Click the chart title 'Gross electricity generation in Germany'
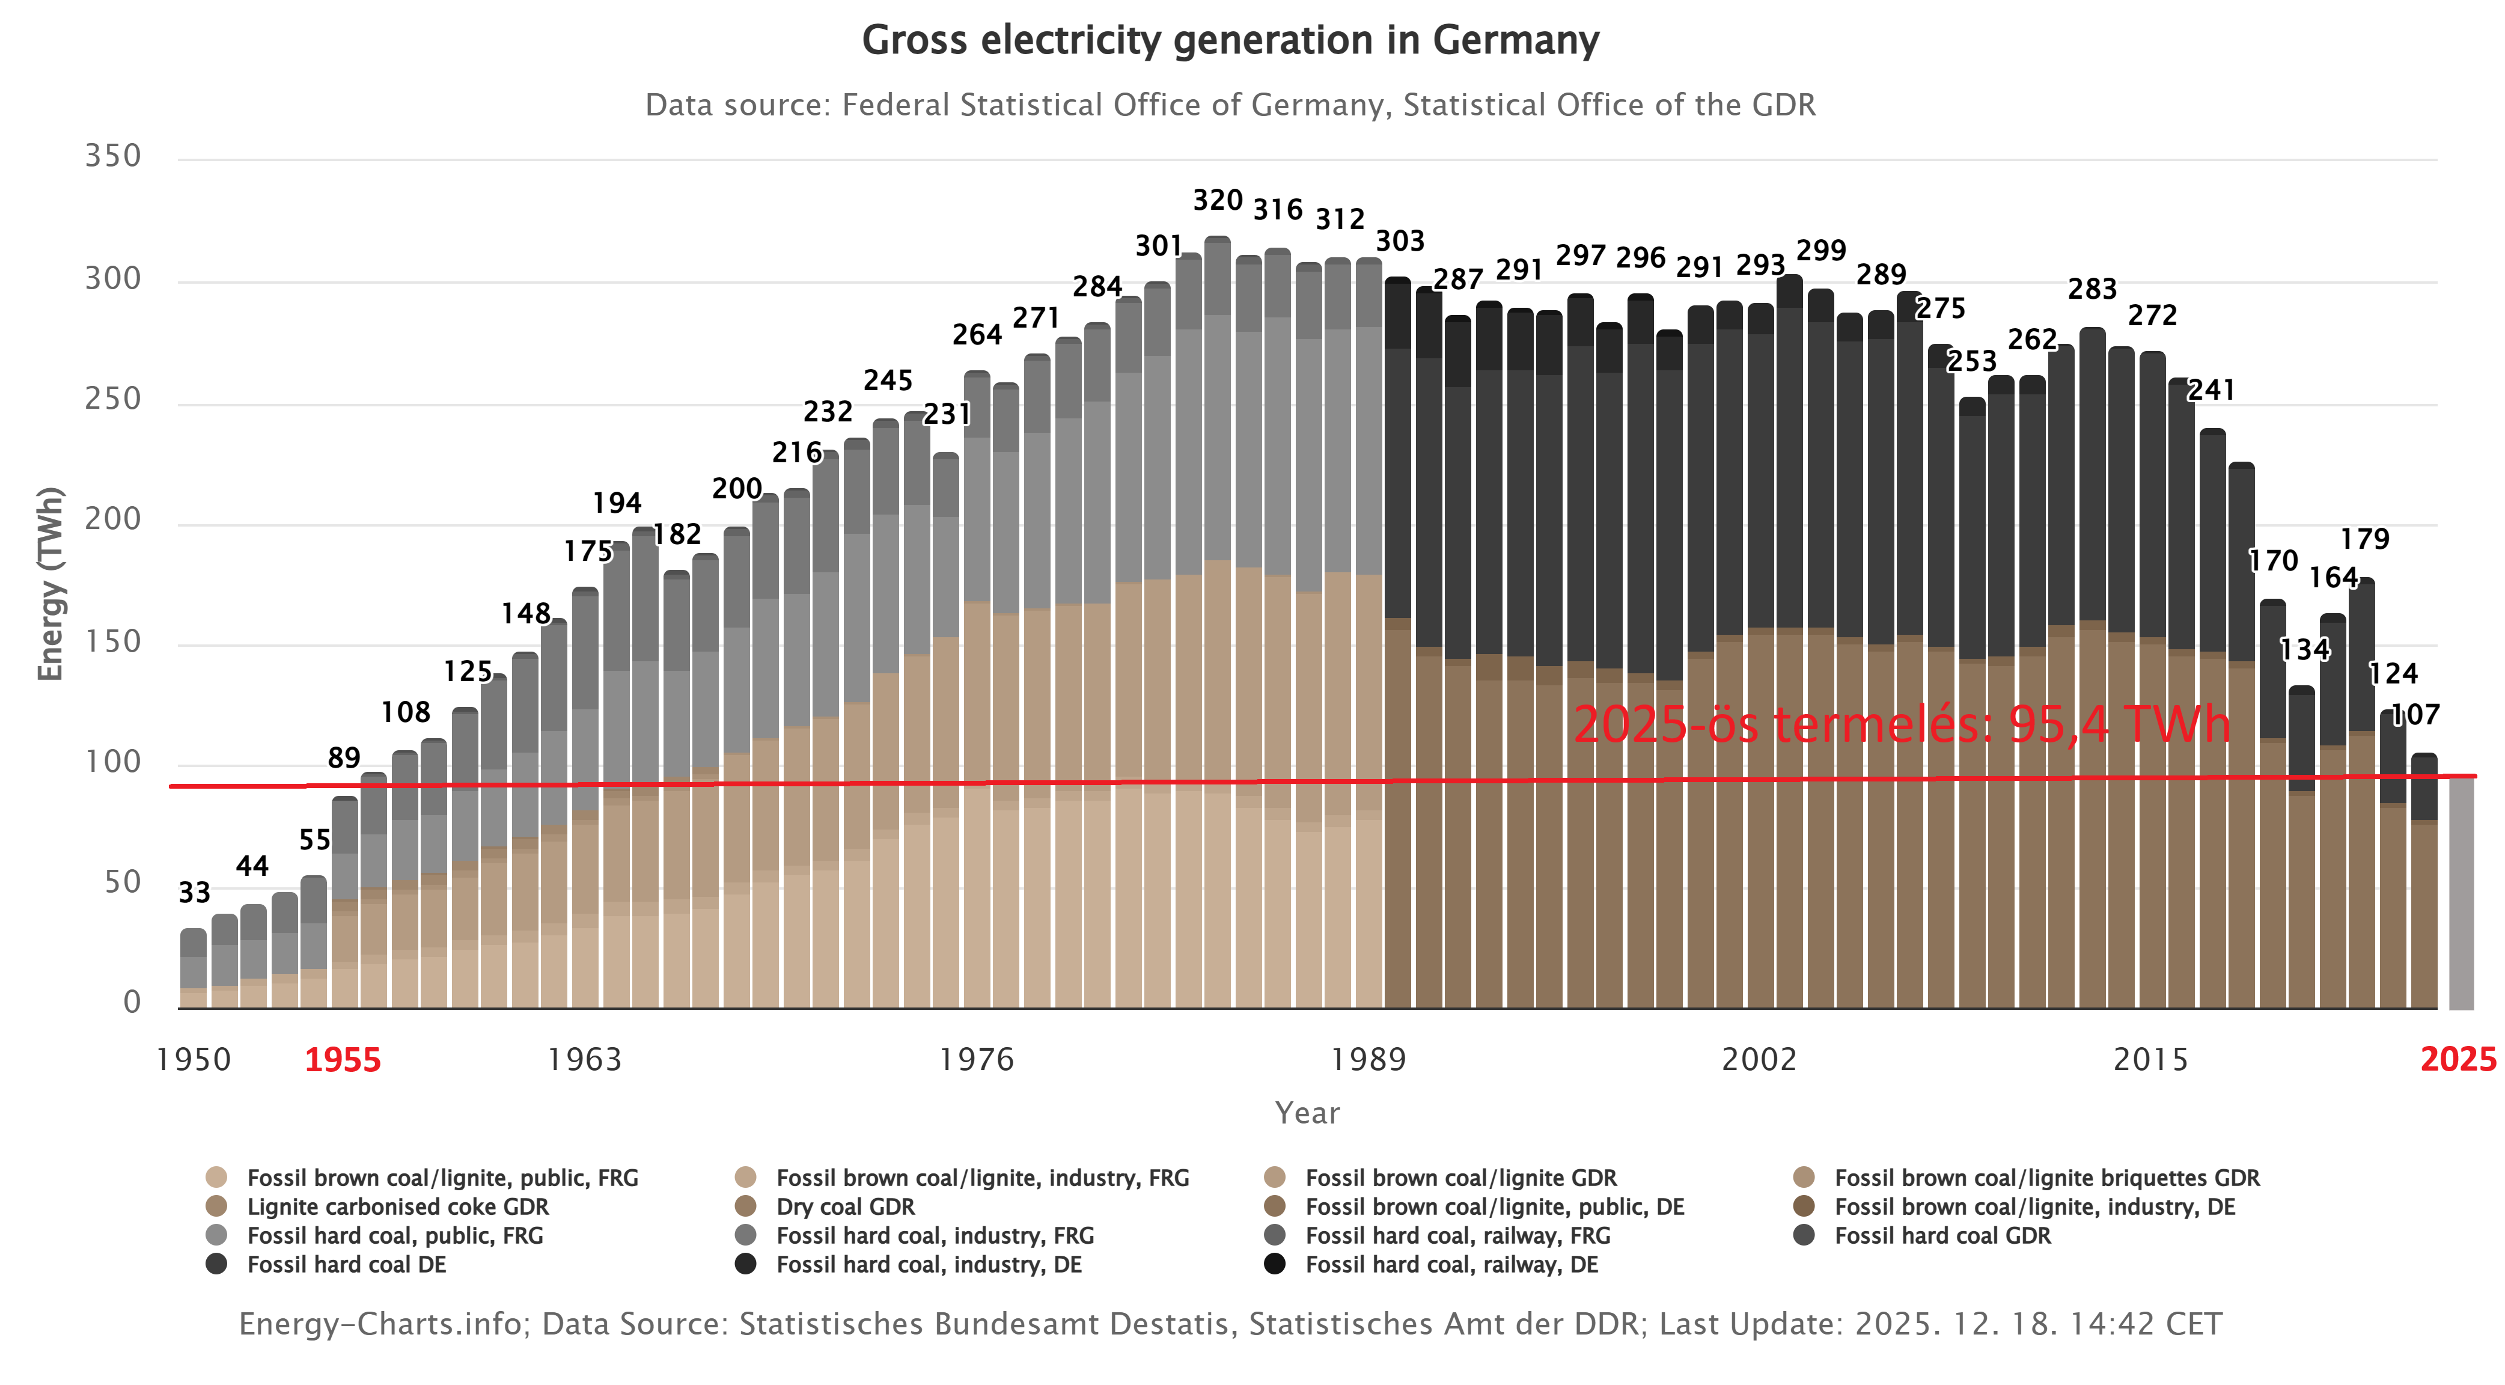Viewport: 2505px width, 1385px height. [x=1230, y=41]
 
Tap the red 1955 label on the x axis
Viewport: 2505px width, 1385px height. [x=343, y=1059]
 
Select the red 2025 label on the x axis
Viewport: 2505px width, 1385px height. [x=2458, y=1059]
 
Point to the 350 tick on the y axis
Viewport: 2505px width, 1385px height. [x=113, y=156]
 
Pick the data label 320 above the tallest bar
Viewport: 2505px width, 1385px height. [x=1218, y=200]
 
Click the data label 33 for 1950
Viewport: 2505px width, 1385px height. [x=195, y=892]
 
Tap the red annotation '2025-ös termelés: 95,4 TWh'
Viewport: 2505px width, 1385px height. [x=1901, y=724]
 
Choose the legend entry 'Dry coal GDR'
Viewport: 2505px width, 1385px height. [x=845, y=1207]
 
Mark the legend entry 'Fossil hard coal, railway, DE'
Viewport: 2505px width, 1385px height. [x=1451, y=1264]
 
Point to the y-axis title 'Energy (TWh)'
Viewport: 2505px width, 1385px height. [x=50, y=584]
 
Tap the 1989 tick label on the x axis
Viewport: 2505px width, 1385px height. [x=1368, y=1059]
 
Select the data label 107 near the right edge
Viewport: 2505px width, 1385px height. [x=2415, y=715]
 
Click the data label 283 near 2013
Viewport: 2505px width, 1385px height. [x=2092, y=289]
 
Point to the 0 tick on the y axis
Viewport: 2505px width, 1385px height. [x=132, y=1002]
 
